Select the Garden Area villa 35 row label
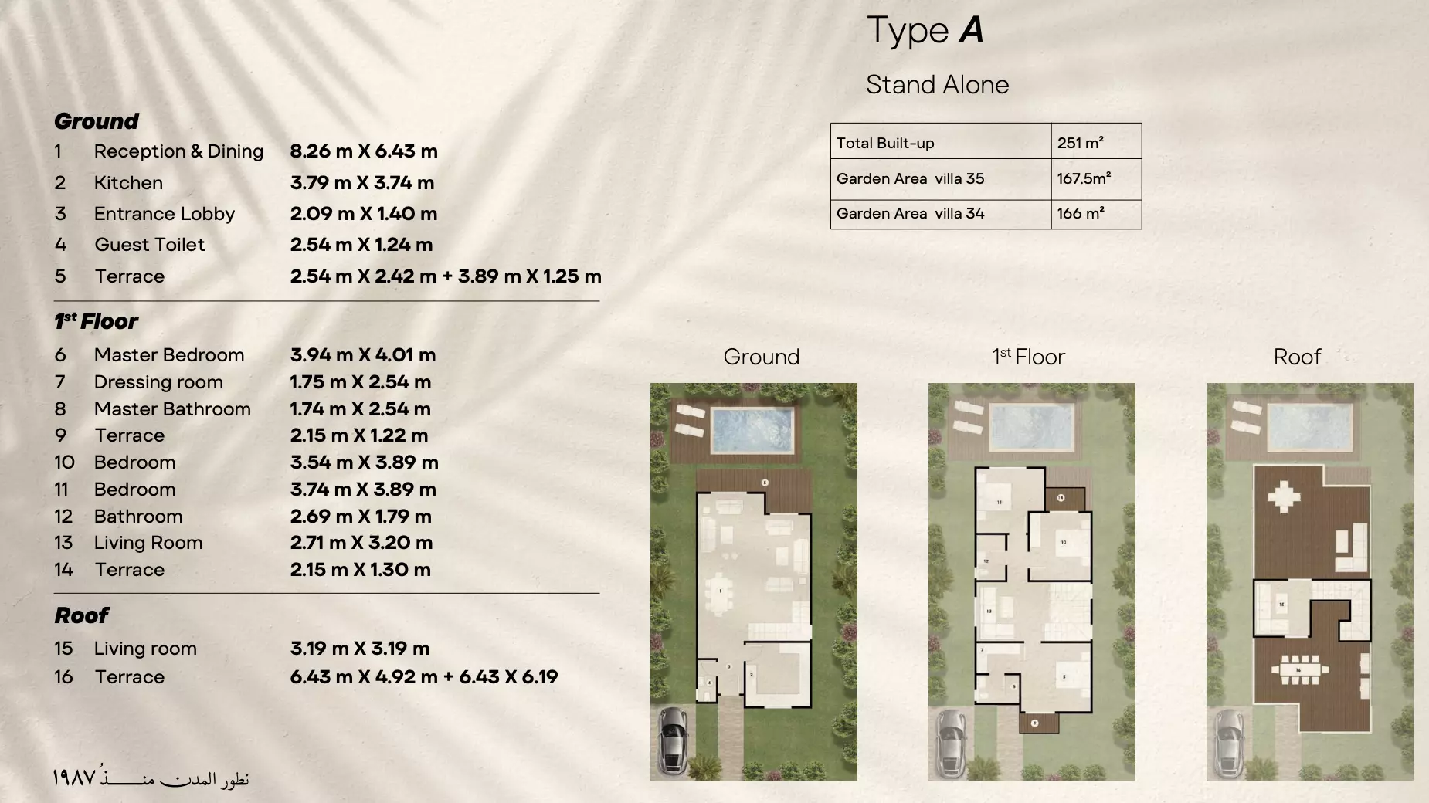pyautogui.click(x=910, y=178)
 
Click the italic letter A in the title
pyautogui.click(x=971, y=30)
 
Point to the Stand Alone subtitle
pyautogui.click(x=937, y=84)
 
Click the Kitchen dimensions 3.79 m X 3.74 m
pyautogui.click(x=361, y=183)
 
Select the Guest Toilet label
pyautogui.click(x=149, y=245)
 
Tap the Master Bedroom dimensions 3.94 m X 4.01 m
pyautogui.click(x=362, y=355)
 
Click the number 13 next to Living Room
pyautogui.click(x=63, y=543)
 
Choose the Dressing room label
pyautogui.click(x=158, y=382)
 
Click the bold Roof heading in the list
pyautogui.click(x=81, y=615)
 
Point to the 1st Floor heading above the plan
pyautogui.click(x=1028, y=357)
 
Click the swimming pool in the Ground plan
pyautogui.click(x=752, y=430)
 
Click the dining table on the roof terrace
pyautogui.click(x=1298, y=669)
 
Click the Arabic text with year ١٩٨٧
pyautogui.click(x=151, y=778)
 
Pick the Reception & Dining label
pyautogui.click(x=178, y=151)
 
